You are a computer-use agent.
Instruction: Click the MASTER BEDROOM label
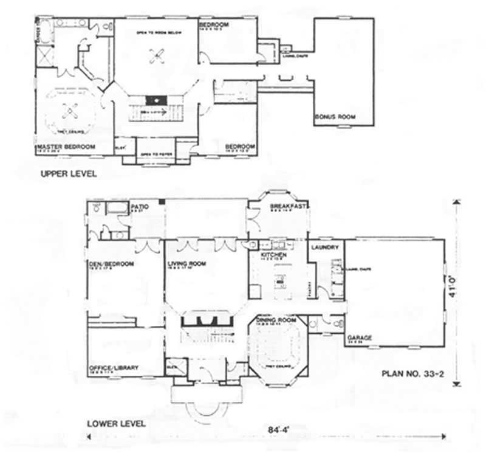coord(66,147)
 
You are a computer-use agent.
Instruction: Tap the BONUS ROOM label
coord(334,116)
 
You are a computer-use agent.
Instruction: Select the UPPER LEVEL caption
coord(68,174)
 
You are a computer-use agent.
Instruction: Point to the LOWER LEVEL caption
coord(115,423)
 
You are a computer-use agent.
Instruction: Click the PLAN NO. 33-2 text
coord(413,375)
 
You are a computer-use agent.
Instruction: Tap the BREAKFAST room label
coord(289,207)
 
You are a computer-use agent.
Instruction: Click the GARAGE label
coord(360,337)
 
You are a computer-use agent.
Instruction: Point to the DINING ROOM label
coord(276,320)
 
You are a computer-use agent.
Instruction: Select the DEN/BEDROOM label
coord(111,264)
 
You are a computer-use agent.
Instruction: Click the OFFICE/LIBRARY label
coord(114,367)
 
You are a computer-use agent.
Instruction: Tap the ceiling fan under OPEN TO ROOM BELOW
coord(156,56)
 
